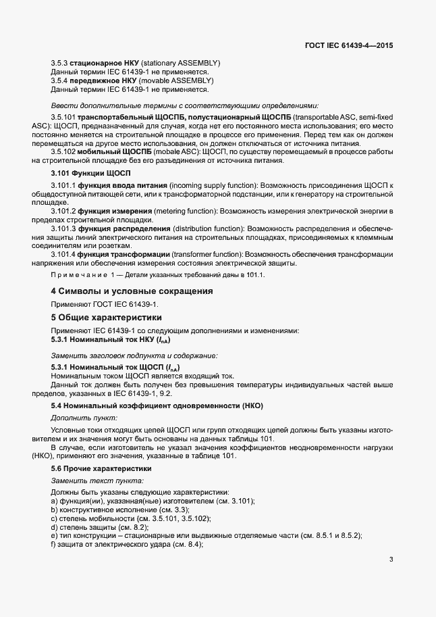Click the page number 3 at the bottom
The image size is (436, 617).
click(x=391, y=560)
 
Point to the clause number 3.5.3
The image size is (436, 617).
click(x=60, y=63)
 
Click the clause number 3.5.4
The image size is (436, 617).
click(x=60, y=80)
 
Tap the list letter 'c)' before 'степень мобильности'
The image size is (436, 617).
click(x=55, y=518)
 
